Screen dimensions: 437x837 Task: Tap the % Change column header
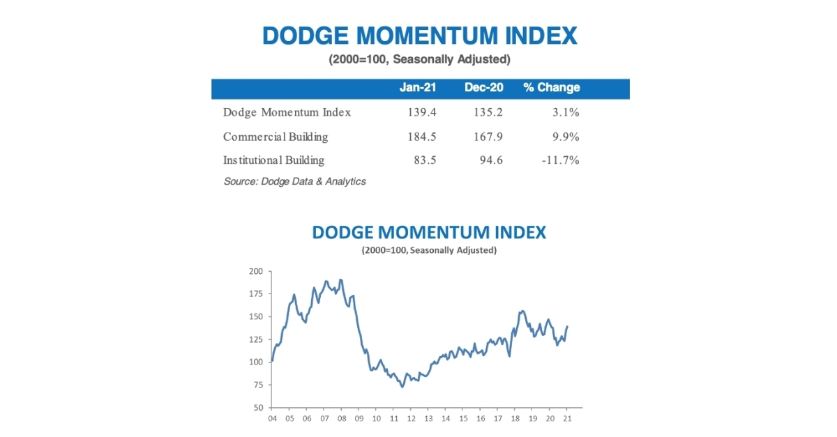[551, 88]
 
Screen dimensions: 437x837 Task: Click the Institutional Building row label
[273, 160]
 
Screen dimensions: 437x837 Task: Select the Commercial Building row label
[276, 137]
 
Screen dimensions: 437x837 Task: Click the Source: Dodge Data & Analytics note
[294, 181]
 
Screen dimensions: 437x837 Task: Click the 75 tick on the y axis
[258, 385]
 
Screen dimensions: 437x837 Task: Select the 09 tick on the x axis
[359, 418]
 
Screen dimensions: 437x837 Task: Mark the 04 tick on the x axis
[272, 418]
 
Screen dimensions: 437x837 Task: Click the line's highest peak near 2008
[340, 279]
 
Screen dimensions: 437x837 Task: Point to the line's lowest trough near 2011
[402, 387]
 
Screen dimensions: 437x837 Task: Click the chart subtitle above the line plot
[428, 250]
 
